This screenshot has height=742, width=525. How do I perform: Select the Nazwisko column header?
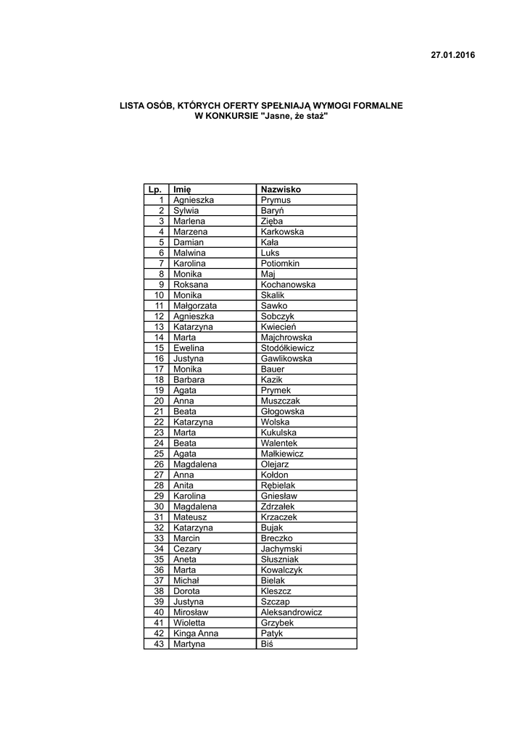(281, 190)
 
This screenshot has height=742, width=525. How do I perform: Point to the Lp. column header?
(154, 190)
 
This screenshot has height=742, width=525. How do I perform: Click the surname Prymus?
(276, 200)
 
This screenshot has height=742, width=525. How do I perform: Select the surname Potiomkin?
(280, 264)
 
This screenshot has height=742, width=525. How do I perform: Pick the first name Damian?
(189, 242)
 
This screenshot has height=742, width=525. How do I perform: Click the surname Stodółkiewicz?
(287, 348)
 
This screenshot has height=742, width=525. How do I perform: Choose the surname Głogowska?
(282, 412)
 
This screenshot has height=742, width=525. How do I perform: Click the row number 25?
(160, 454)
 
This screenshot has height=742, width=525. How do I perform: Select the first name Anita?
(183, 485)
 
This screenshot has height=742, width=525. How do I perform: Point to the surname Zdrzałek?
(278, 507)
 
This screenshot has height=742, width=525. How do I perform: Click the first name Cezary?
(187, 549)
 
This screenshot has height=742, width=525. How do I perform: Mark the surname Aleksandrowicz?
(292, 612)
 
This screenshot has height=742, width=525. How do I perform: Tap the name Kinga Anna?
(196, 633)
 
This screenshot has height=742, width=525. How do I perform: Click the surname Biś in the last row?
(268, 644)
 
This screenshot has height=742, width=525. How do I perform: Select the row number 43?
(160, 644)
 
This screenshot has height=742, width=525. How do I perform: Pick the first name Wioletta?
(189, 623)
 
